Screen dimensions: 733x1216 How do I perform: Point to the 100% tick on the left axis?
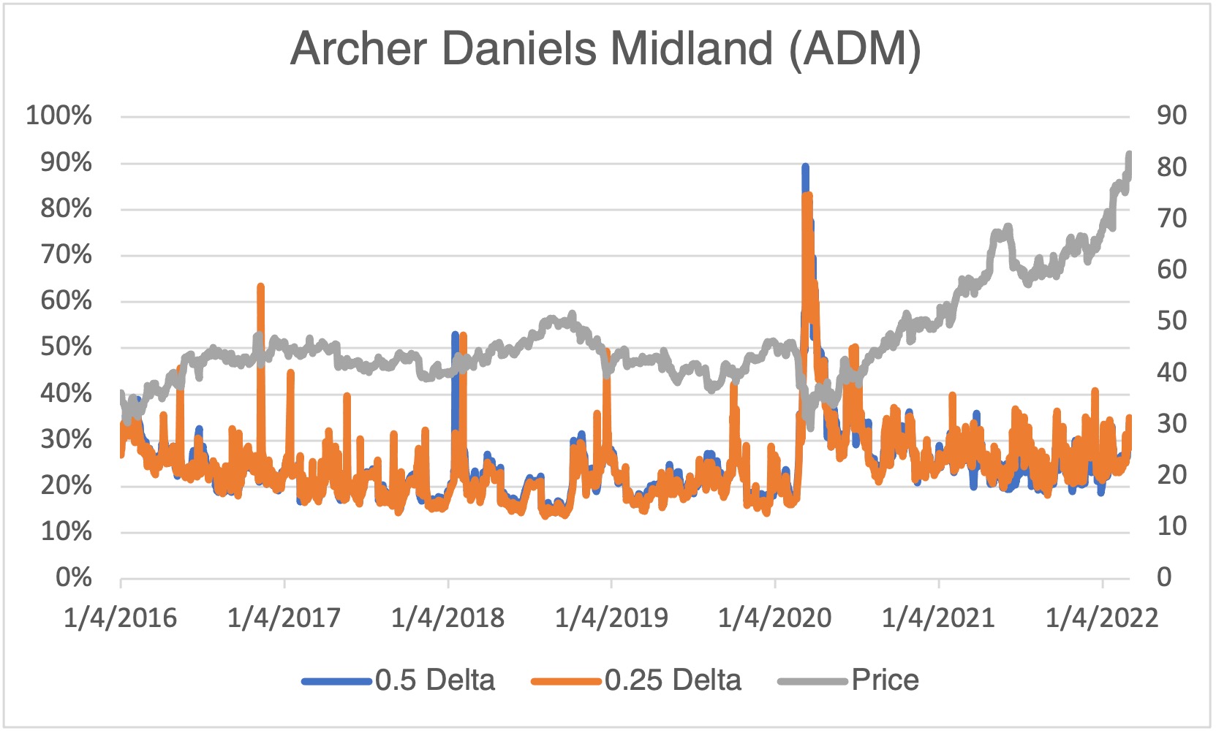point(59,115)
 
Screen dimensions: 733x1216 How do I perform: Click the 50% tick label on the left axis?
point(66,346)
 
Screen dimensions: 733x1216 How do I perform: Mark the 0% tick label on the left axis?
point(73,577)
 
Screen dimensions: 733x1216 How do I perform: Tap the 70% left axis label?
point(66,254)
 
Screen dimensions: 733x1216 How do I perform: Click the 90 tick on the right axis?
point(1171,115)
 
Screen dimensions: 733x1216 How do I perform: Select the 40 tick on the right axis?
point(1171,372)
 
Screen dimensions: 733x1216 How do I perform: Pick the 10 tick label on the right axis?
point(1171,526)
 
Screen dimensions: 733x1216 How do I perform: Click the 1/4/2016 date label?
point(121,618)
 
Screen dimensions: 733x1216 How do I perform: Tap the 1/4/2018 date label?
point(447,618)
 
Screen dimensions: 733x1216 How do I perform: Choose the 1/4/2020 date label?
point(775,618)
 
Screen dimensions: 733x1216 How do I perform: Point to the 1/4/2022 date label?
point(1102,618)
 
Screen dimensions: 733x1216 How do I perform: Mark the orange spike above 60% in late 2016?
point(260,287)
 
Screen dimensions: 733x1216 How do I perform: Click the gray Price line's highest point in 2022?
point(1129,155)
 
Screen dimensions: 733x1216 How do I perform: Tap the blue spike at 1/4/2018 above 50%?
point(455,336)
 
